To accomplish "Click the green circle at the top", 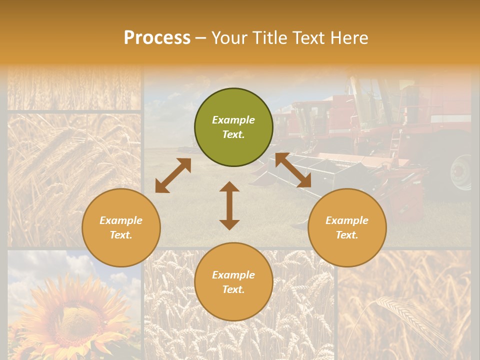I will point(233,127).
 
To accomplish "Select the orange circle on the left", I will point(121,228).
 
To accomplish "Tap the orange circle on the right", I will point(347,228).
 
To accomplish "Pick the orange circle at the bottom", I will point(233,282).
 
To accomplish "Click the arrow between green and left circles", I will point(173,175).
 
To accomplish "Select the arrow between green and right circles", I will point(293,170).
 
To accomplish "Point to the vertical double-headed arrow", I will point(229,205).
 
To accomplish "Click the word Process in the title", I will point(157,38).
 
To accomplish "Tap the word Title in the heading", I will point(270,38).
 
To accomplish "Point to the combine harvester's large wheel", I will point(460,172).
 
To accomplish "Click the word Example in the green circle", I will point(233,120).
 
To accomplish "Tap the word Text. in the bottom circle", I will point(233,289).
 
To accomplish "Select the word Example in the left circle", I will point(121,220).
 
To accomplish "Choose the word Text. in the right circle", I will point(347,235).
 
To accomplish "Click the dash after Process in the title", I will point(200,38).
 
